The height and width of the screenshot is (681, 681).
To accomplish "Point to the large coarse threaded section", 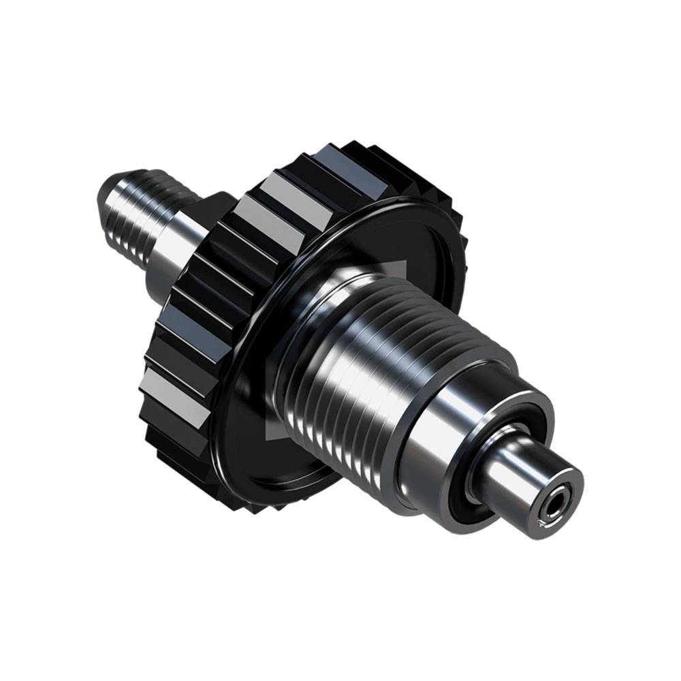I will tap(354, 368).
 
